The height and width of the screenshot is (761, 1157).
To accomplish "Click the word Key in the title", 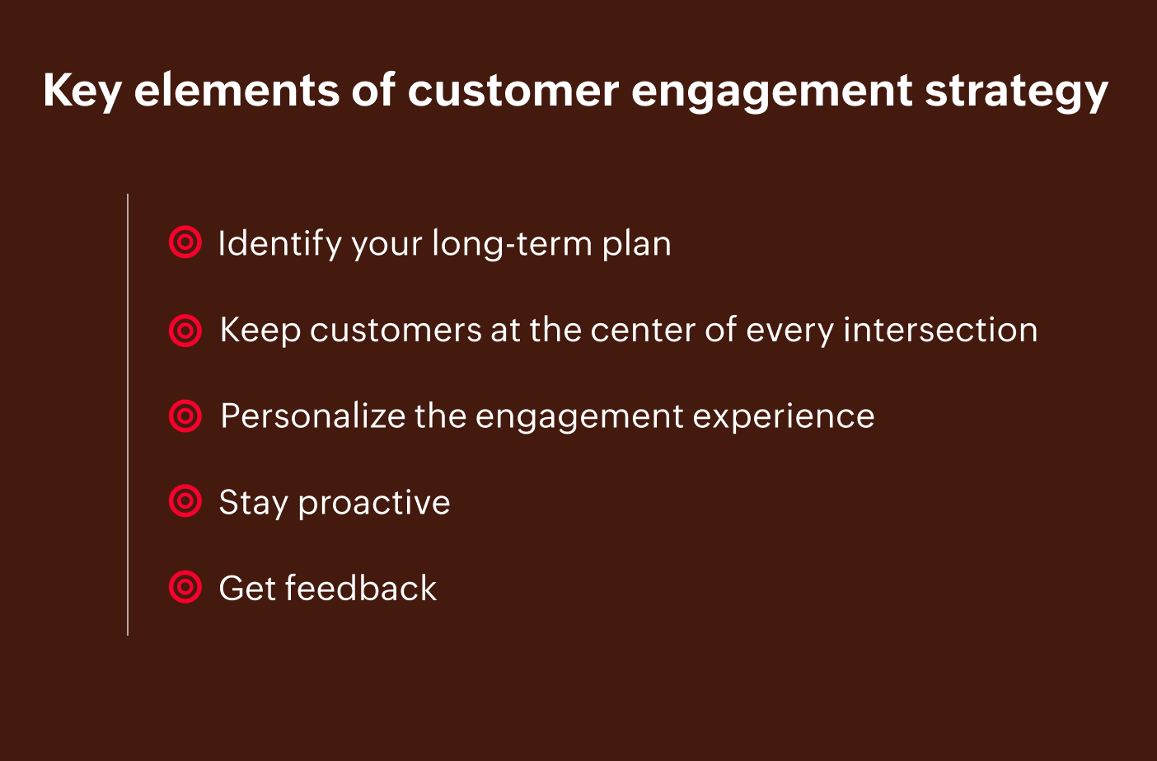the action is (82, 92).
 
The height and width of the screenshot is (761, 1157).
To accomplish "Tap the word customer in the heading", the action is (513, 91).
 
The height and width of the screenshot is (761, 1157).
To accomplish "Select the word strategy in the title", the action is (1017, 93).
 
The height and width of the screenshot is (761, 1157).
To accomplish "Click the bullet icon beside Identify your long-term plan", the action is (185, 242).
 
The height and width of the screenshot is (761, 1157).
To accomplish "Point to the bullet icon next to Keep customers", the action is (185, 331).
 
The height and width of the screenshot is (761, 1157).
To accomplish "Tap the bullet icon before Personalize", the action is (185, 416).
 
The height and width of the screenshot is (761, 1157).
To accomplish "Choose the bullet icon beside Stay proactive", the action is (185, 500).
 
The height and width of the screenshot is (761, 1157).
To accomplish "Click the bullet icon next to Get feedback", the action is (185, 587).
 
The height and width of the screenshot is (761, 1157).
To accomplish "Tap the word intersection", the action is (940, 330).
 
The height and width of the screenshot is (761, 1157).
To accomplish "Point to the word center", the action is (643, 331).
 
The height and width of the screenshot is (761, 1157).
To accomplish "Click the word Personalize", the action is (313, 416).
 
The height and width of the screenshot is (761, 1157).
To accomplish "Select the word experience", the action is (784, 418).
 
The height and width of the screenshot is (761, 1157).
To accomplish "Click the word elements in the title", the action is (237, 91).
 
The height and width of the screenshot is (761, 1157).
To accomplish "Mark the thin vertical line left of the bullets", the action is (128, 415).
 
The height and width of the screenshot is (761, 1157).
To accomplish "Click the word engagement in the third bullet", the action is (579, 418).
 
